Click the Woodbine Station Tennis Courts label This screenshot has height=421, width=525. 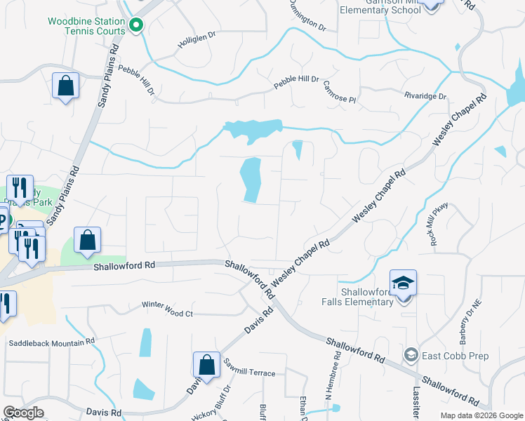point(86,26)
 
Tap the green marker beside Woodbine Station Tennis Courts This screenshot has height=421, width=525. point(137,27)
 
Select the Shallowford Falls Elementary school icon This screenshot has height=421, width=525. point(404,283)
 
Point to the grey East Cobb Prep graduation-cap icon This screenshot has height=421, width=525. point(411,355)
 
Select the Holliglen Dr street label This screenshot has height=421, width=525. point(195,44)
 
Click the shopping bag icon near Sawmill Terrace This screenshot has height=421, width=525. point(206,364)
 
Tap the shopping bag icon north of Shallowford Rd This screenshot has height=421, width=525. point(87,239)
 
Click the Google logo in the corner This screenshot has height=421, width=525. point(24,412)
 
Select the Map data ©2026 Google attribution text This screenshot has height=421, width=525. point(481,415)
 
